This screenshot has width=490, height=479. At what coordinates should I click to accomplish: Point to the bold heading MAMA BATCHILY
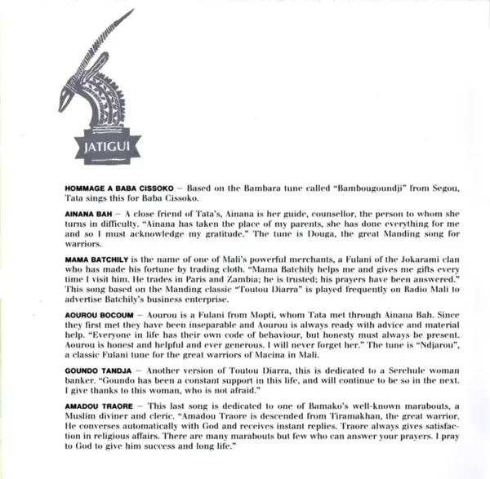tap(94, 258)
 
